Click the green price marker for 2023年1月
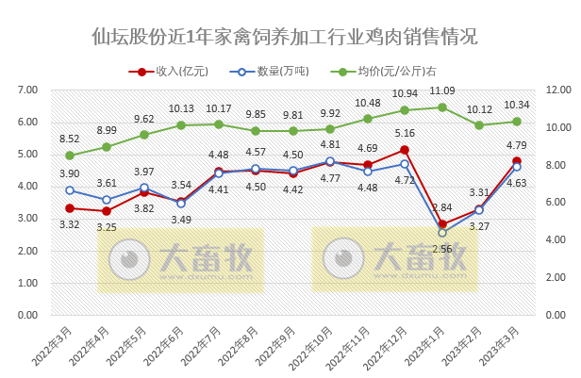coord(442,107)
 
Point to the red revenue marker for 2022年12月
coord(405,150)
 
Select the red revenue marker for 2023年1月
coord(442,224)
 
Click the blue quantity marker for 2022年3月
coord(69,190)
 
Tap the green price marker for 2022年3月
coord(69,156)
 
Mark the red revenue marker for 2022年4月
coord(107,211)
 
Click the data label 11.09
coord(441,90)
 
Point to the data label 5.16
coord(405,133)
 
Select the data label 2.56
coord(441,248)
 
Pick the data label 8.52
coord(69,139)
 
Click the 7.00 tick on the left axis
coord(29,90)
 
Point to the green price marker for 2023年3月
coord(517,122)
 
